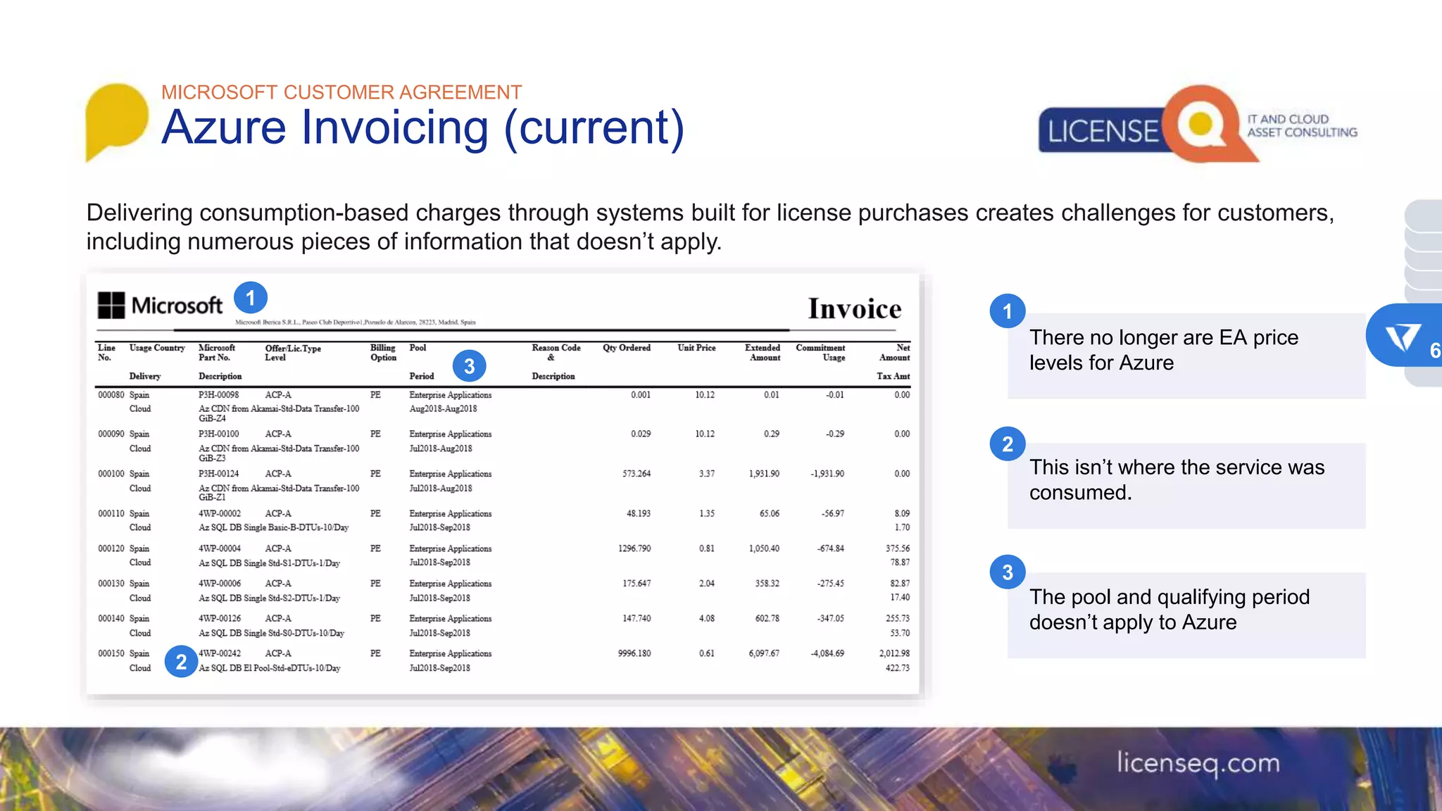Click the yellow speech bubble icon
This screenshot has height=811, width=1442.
[x=116, y=118]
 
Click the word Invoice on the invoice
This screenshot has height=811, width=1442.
[x=854, y=309]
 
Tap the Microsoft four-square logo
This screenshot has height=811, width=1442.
[x=111, y=306]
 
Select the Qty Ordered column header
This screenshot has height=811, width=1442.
[x=626, y=348]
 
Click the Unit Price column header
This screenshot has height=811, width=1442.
[x=696, y=348]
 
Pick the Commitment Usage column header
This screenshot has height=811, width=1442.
[x=820, y=353]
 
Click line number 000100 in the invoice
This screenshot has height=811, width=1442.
[x=111, y=474]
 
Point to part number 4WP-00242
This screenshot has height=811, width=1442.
[x=220, y=653]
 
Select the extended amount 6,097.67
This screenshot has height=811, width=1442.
[x=763, y=653]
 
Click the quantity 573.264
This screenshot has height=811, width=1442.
[x=636, y=474]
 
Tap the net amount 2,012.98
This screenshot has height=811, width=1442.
[x=894, y=653]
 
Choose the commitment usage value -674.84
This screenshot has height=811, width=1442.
[x=831, y=548]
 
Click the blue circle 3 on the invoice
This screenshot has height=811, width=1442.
[x=469, y=366]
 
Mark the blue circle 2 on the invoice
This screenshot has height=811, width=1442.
[x=181, y=662]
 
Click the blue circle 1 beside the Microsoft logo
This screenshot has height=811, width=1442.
[x=250, y=298]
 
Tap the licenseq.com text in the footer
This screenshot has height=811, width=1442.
[x=1198, y=763]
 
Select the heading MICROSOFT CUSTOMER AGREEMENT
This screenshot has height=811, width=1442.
[x=341, y=92]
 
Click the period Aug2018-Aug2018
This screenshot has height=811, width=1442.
[x=443, y=408]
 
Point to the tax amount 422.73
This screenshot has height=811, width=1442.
[x=897, y=668]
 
